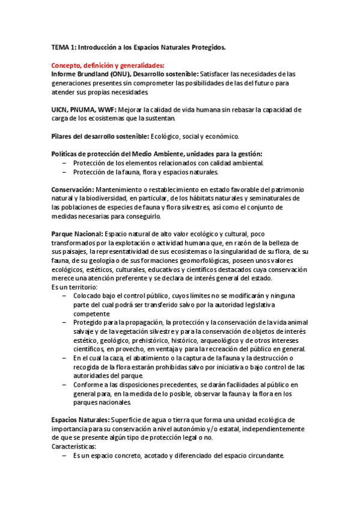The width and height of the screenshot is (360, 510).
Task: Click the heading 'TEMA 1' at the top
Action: [x=65, y=47]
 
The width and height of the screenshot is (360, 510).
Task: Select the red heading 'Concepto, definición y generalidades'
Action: [x=108, y=66]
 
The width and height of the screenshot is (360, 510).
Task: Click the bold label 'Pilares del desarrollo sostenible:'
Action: [x=100, y=137]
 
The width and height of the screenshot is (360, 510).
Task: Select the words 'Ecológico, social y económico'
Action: [x=194, y=137]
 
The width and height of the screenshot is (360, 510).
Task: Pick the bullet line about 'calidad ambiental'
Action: [x=168, y=163]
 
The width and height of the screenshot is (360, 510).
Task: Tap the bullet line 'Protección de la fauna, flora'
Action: [x=145, y=172]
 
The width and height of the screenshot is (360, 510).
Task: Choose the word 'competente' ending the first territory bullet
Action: [x=91, y=314]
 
